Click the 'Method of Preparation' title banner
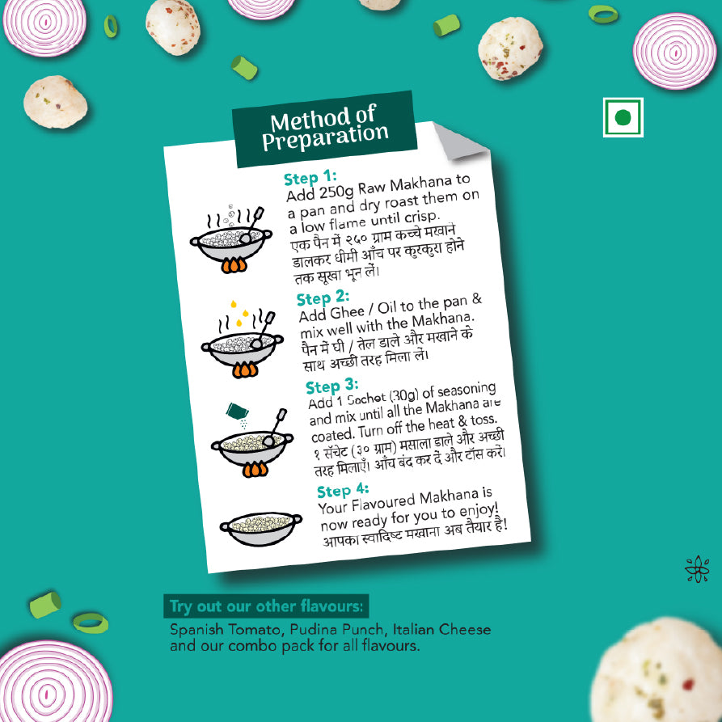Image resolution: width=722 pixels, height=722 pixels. point(325,129)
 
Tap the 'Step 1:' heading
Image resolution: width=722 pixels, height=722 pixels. point(310,177)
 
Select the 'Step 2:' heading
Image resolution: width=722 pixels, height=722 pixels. point(323,298)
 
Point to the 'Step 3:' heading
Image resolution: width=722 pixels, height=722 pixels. point(332,386)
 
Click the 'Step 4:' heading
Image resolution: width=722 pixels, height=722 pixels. point(343,491)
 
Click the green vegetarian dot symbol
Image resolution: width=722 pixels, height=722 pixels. point(623,117)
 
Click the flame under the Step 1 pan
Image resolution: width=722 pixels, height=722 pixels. point(234,265)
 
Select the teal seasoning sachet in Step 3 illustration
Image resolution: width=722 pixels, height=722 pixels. point(237,410)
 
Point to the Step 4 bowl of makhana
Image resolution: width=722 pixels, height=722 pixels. point(260,528)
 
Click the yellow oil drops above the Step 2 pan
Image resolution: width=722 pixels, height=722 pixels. point(239,313)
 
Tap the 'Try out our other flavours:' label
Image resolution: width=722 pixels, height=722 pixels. point(266,606)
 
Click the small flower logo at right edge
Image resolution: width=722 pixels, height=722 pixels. point(697,568)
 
